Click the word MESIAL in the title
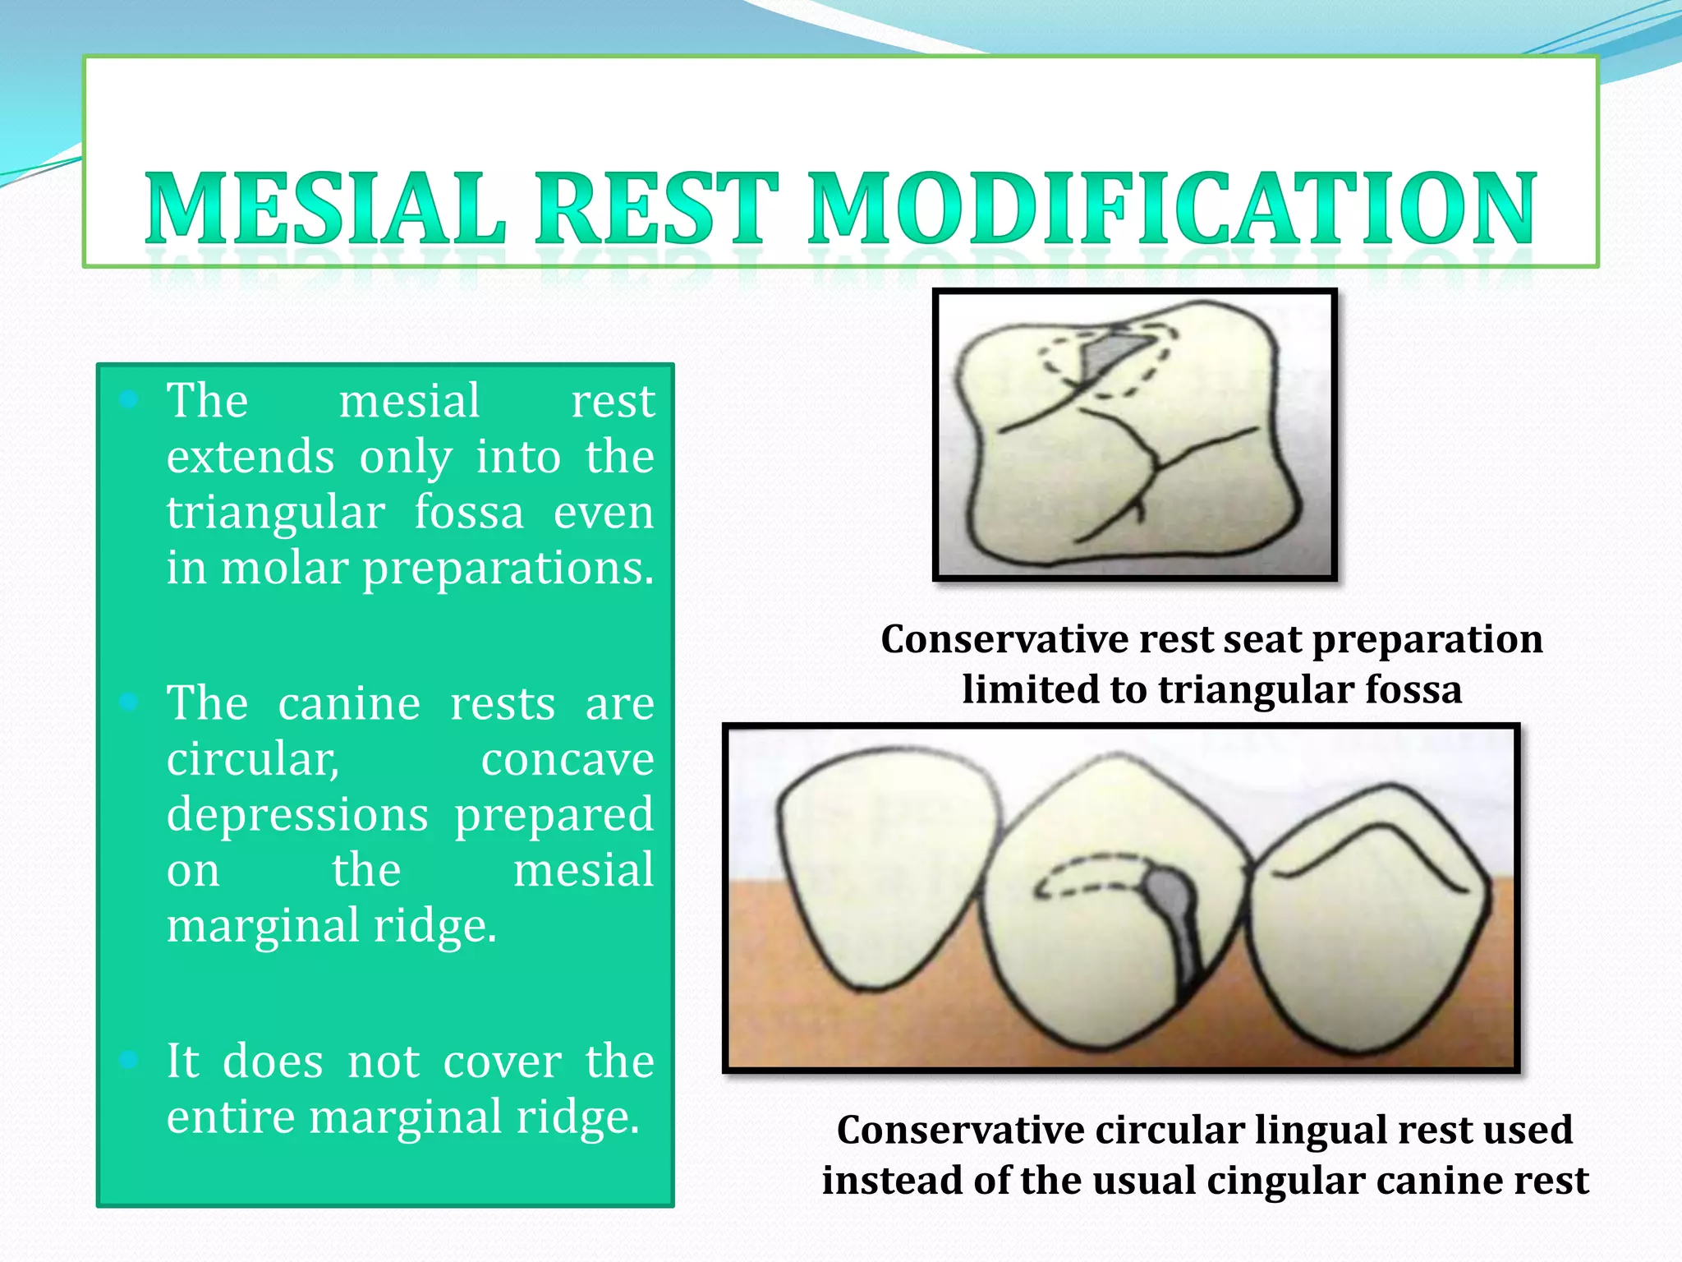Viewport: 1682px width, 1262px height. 325,210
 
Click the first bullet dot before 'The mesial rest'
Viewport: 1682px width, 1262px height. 129,400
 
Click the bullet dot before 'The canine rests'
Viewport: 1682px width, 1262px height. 129,702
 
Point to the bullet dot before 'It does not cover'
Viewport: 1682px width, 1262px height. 129,1060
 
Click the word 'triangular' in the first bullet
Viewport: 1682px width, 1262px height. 275,514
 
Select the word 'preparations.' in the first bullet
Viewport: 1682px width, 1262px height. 508,569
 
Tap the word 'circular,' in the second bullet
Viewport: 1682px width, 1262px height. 252,758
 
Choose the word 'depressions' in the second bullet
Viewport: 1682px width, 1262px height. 297,814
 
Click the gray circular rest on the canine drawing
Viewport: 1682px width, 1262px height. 1165,891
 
